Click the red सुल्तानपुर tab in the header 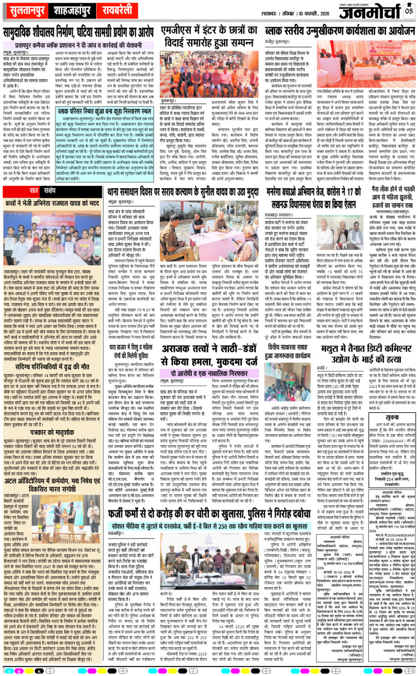coord(25,10)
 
